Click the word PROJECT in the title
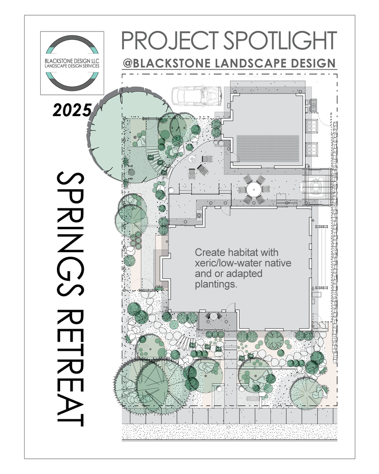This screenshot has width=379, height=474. click(169, 41)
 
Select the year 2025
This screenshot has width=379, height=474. click(72, 110)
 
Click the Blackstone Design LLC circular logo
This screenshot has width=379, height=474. click(72, 63)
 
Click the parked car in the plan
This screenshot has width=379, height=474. click(197, 96)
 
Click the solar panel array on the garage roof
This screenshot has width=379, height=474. click(268, 149)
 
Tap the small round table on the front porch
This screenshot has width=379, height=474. click(214, 316)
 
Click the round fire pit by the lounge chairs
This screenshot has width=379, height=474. click(192, 159)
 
